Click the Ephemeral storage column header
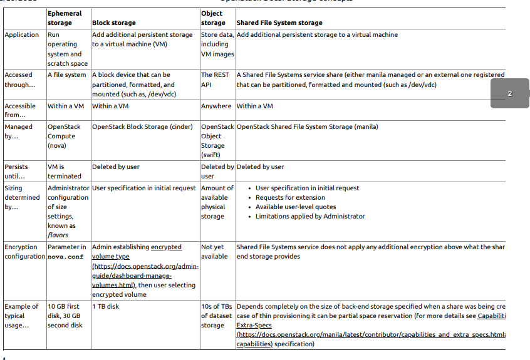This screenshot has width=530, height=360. click(x=65, y=18)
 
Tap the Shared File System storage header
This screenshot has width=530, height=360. click(x=279, y=23)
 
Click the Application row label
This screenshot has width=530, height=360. click(x=22, y=35)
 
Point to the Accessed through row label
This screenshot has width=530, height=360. click(x=19, y=80)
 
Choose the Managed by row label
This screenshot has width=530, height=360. click(x=20, y=131)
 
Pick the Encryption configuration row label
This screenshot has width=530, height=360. click(x=24, y=252)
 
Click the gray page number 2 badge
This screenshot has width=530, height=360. click(x=509, y=93)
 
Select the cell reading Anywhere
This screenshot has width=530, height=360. click(x=216, y=106)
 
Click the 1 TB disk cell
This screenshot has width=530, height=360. click(x=105, y=307)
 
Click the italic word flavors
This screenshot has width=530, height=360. click(x=58, y=235)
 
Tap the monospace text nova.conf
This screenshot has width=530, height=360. click(x=65, y=257)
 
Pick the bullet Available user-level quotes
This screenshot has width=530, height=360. click(x=296, y=207)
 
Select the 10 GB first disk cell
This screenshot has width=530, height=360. click(x=64, y=316)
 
